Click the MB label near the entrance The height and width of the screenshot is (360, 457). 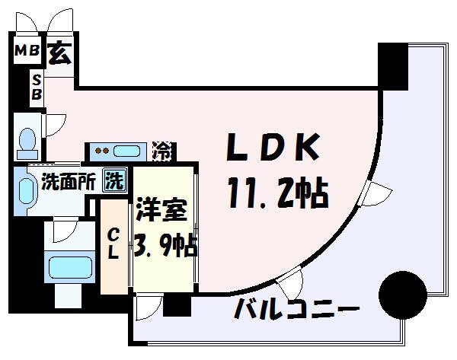tap(27, 53)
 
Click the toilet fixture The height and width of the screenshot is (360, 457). tap(28, 142)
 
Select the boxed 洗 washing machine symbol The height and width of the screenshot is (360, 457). tap(114, 182)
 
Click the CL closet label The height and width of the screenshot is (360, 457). tap(112, 244)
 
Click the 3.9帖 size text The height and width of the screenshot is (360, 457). tap(166, 246)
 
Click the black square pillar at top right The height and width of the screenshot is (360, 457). tap(394, 65)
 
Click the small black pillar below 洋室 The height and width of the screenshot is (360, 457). tap(176, 304)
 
